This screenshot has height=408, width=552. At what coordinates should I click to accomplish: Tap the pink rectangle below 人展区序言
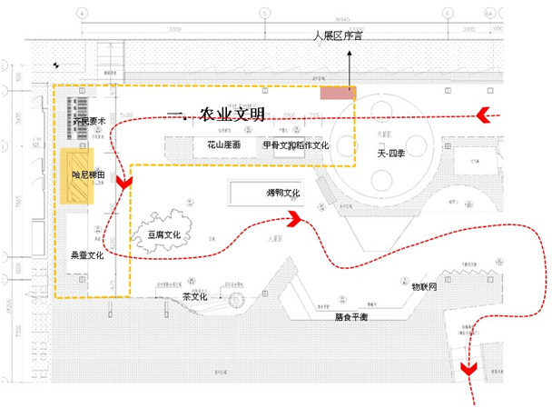coord(337,94)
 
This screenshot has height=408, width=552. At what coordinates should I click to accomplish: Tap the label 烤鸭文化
coord(282,193)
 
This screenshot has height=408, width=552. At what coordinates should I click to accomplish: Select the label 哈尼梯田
coord(89,174)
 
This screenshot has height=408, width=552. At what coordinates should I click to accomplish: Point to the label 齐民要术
coord(90,120)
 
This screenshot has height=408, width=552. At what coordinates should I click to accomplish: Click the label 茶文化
coord(195,296)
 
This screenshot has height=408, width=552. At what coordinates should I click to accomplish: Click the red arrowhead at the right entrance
coord(490,114)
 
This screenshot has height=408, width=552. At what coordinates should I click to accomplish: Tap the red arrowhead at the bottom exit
coord(469,368)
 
